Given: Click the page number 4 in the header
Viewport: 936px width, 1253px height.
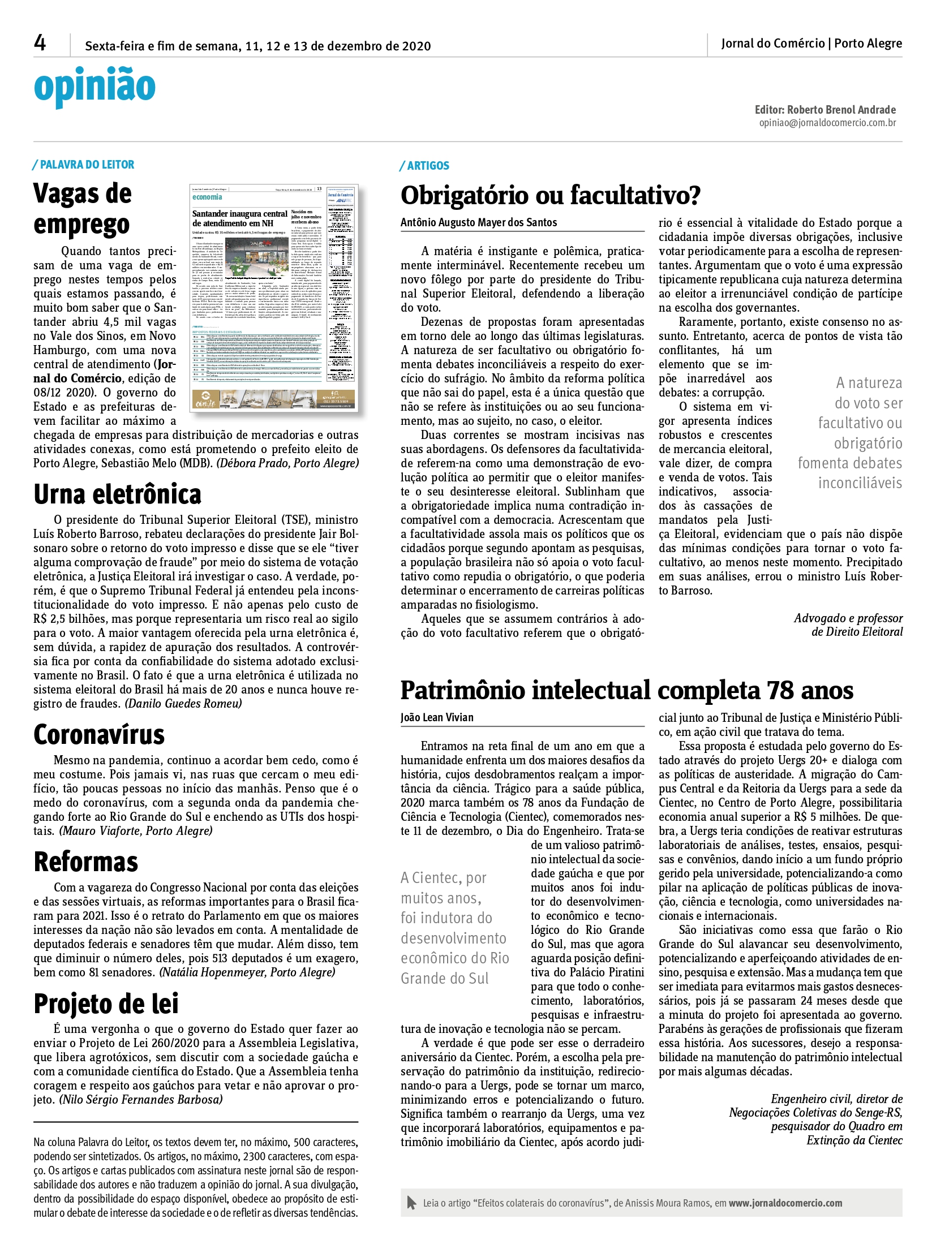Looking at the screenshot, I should (40, 43).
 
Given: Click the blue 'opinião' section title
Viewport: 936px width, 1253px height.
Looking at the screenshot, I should (95, 87).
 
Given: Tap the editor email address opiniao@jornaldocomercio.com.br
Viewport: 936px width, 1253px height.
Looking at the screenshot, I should (827, 123).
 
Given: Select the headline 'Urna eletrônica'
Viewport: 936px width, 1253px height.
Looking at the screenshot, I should (117, 494).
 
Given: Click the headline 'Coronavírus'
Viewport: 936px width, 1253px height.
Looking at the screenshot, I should (99, 735).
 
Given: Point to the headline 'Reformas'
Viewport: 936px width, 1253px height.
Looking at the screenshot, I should (86, 862).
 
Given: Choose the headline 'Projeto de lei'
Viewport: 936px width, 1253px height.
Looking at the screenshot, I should (106, 1004).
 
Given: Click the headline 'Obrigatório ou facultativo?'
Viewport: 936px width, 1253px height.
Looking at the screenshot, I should (550, 195).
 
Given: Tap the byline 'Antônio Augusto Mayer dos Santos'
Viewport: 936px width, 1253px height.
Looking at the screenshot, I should (479, 223).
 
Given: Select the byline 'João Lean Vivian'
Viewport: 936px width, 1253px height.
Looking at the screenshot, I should (437, 717).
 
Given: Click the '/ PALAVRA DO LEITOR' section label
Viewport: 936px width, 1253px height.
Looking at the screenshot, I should (84, 165).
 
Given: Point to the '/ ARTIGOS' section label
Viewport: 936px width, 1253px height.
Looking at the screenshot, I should (424, 165).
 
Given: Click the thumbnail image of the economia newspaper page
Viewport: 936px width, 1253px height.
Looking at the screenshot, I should (274, 298).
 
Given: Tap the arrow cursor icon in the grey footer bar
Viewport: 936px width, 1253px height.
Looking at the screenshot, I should (411, 1203).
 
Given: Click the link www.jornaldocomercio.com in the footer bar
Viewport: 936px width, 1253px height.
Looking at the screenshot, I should (785, 1203).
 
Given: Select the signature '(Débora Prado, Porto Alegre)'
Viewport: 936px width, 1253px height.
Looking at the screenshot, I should (288, 463).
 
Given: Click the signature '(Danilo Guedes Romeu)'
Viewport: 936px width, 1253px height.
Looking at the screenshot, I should (183, 704).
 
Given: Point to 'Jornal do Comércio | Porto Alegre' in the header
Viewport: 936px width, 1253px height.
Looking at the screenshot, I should (811, 44).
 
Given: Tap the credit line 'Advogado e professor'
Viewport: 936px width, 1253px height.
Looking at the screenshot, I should (848, 618).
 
